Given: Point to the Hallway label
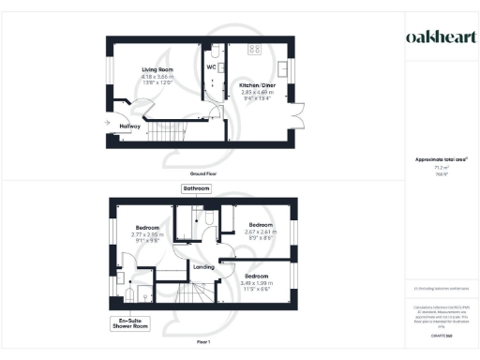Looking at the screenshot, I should click(x=129, y=126).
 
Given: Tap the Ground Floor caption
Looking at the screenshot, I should click(x=203, y=174).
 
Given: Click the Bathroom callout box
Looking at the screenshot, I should click(x=197, y=188).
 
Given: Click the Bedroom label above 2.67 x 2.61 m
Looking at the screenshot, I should click(x=260, y=225).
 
